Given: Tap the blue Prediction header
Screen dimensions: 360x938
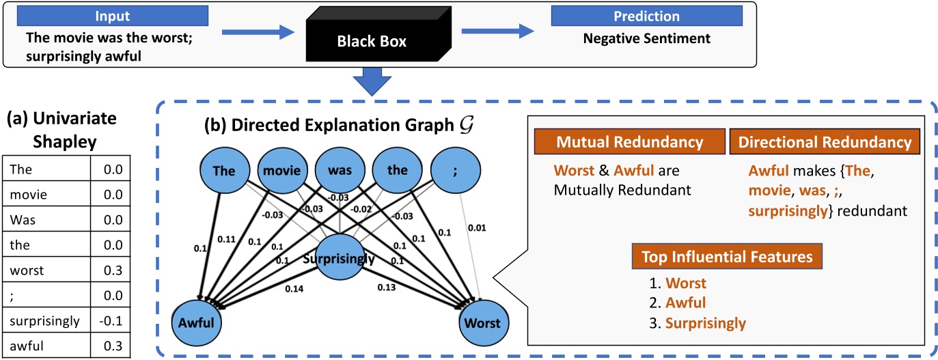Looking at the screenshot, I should pyautogui.click(x=646, y=15).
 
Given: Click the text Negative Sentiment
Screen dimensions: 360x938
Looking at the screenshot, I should pyautogui.click(x=646, y=38).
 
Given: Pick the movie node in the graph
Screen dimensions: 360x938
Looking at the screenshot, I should pyautogui.click(x=281, y=170).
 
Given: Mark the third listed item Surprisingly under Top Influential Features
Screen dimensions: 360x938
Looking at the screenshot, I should pyautogui.click(x=706, y=323).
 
